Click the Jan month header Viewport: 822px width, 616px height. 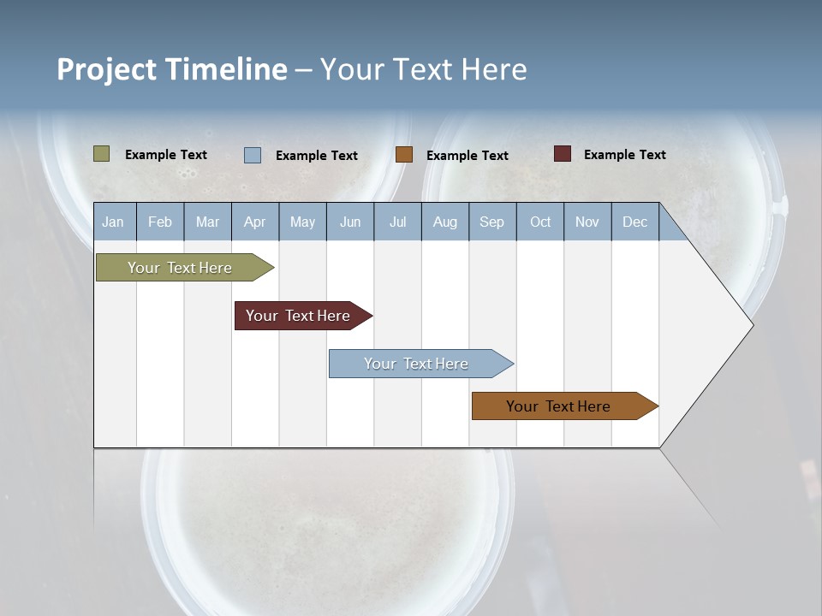coord(114,222)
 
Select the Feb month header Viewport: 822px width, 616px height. coord(160,222)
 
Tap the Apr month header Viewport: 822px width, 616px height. coord(255,222)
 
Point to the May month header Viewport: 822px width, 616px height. coord(302,222)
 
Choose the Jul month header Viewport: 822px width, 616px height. coord(397,222)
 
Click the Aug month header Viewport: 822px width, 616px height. coord(445,222)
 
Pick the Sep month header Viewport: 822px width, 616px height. coord(492,222)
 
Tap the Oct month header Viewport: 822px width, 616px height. coord(540,222)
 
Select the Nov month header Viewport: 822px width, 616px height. coord(587,222)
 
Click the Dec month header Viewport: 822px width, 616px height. coord(635,222)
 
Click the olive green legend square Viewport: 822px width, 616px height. coord(102,154)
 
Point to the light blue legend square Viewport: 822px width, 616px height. coord(253,155)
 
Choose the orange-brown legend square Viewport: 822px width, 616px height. coord(404,154)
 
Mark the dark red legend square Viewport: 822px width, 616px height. coord(563,154)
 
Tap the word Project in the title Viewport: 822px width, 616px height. coord(107,69)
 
